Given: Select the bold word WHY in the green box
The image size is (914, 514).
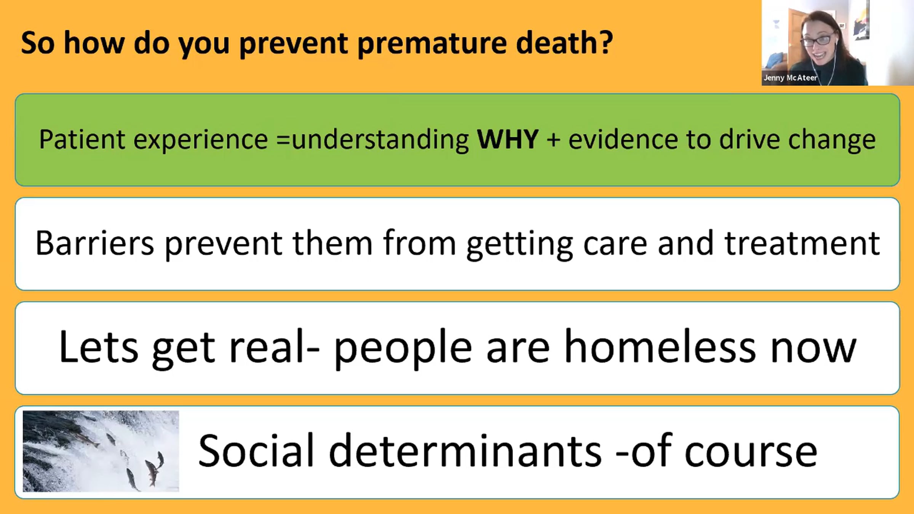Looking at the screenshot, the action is coord(508,139).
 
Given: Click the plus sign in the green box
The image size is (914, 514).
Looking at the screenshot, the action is coord(553,140).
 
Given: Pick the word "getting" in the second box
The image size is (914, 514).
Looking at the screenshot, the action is coord(520,246).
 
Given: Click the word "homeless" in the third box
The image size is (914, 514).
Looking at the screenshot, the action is coord(660,347).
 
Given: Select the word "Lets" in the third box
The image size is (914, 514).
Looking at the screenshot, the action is coord(99,347).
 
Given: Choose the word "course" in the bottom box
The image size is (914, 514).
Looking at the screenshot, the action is coord(751,453).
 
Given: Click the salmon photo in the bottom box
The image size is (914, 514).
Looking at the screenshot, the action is coord(101,451).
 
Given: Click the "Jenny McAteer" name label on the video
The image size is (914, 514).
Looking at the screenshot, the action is coord(790,78).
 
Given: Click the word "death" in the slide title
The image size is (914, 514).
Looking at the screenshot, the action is coord(556,43).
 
